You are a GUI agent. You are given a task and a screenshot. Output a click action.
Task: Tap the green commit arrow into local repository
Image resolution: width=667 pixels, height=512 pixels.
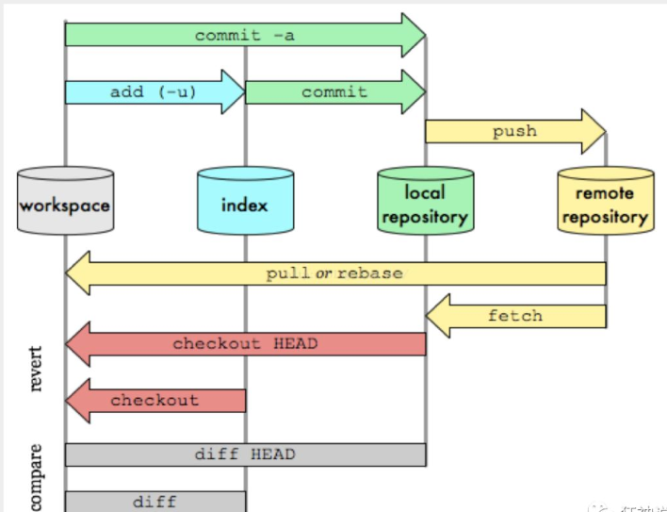334,91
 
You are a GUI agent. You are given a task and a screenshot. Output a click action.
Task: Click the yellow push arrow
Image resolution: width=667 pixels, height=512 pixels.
513,131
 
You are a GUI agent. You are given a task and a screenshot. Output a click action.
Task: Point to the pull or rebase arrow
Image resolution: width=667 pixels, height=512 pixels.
334,273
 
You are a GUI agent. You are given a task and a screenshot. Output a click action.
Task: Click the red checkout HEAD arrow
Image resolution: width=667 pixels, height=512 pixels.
245,344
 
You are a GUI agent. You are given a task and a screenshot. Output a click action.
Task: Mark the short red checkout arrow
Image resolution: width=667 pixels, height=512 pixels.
155,400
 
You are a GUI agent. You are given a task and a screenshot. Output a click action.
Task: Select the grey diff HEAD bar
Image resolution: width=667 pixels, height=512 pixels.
245,454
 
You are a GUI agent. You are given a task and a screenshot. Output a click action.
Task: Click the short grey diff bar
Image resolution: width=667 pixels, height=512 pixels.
155,501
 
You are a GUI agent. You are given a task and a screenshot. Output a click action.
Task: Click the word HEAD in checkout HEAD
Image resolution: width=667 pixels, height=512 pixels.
296,344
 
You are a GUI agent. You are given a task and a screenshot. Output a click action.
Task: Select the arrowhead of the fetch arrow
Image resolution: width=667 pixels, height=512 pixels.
437,315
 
